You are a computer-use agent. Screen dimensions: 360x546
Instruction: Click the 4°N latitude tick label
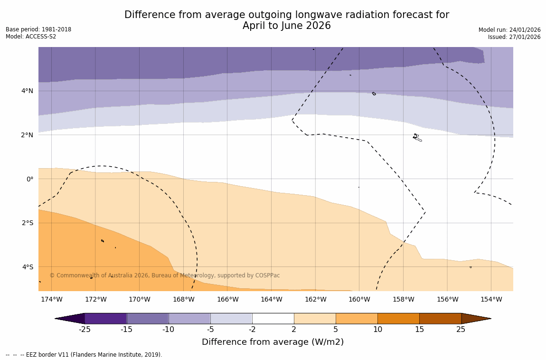point(27,91)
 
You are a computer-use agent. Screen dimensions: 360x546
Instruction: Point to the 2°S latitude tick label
point(27,223)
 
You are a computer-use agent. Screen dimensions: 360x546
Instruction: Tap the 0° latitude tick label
point(30,179)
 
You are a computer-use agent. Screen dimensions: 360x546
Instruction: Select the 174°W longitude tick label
point(51,299)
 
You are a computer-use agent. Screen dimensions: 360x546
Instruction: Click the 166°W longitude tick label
point(227,299)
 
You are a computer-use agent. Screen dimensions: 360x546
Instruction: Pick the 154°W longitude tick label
point(491,299)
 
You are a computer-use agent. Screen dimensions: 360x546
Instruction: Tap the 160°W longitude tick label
point(359,299)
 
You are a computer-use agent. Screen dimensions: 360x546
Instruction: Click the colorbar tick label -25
point(85,330)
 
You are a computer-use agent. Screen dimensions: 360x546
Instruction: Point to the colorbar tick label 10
point(377,330)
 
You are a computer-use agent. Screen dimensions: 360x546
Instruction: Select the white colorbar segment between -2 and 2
point(273,318)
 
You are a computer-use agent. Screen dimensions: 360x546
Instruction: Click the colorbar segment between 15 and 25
point(440,318)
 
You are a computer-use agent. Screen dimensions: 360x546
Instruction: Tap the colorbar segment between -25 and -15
point(105,318)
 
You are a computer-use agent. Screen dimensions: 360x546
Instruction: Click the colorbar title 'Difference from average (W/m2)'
point(273,342)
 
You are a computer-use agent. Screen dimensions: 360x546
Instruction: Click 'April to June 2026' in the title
point(286,26)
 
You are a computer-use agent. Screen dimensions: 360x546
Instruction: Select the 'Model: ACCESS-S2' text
point(31,37)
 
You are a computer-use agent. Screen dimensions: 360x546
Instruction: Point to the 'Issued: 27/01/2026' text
point(514,37)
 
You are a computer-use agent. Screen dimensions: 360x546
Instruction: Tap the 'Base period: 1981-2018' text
point(38,29)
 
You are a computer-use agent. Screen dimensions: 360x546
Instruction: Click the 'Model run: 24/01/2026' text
point(509,30)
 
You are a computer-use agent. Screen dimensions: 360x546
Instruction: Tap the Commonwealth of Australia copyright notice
point(165,275)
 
